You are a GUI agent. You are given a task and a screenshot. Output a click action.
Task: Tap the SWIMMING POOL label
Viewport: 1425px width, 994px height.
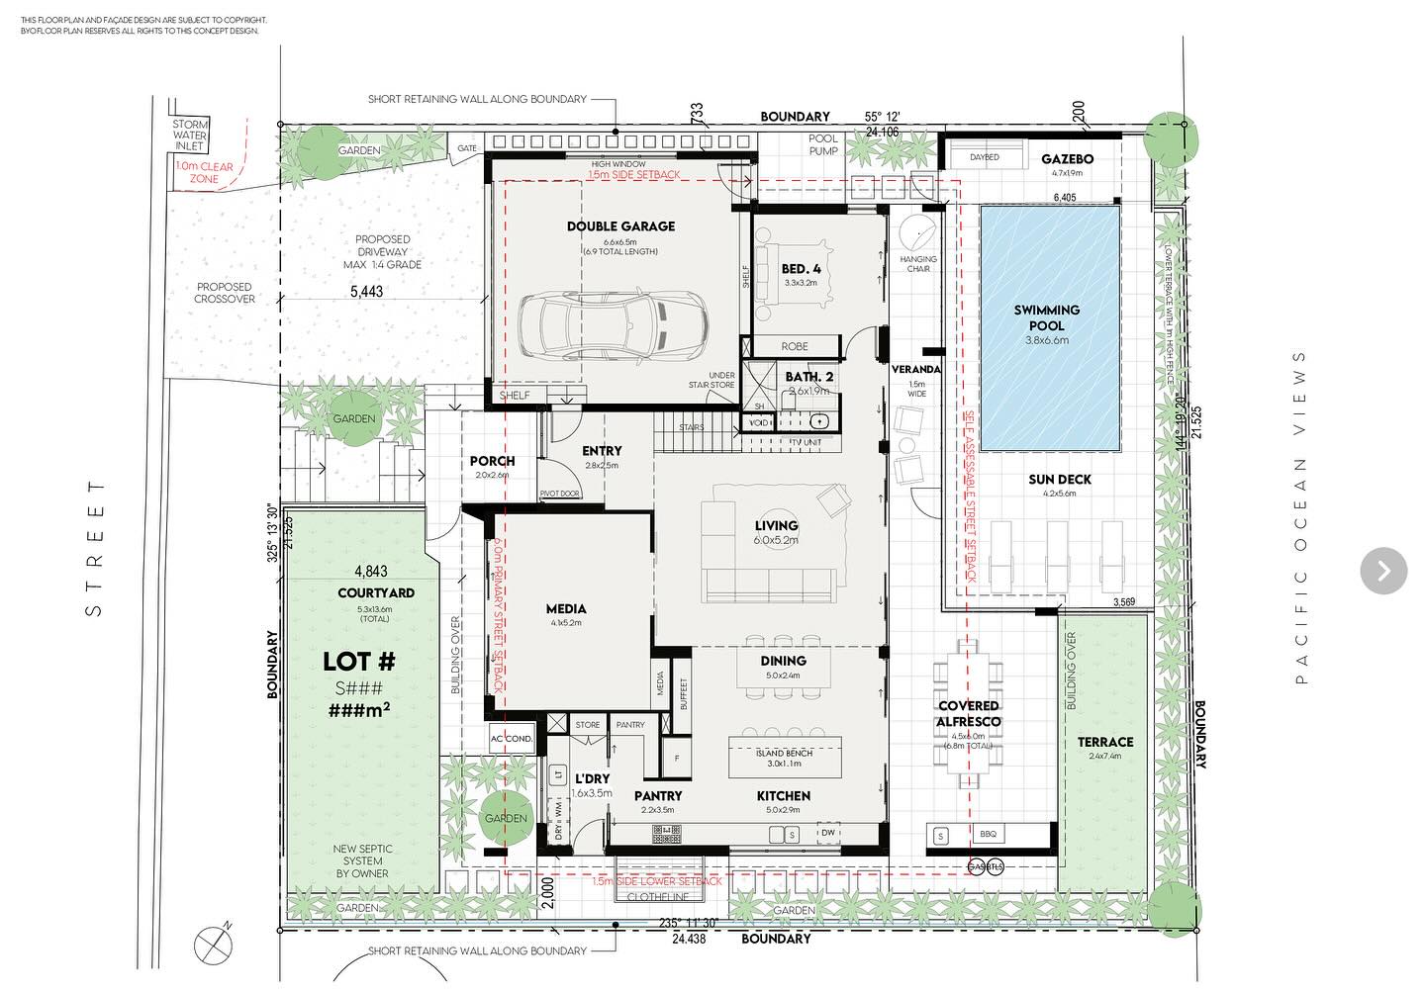(1046, 317)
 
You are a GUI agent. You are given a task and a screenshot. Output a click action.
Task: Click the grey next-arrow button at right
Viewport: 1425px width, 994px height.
(1383, 571)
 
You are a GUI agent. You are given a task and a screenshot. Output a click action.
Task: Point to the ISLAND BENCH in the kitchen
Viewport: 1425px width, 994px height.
(785, 758)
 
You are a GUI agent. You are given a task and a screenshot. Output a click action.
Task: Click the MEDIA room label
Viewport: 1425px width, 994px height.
(566, 609)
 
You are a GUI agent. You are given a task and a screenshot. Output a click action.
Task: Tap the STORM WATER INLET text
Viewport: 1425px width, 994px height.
(190, 136)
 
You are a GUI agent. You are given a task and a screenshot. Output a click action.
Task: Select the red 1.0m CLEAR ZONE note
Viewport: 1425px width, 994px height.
(205, 172)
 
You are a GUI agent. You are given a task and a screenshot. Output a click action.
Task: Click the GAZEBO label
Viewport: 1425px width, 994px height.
(1067, 159)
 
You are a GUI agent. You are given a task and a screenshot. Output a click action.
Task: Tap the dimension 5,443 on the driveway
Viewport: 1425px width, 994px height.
(366, 292)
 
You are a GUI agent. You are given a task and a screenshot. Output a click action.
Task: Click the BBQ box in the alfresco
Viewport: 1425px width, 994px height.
(988, 835)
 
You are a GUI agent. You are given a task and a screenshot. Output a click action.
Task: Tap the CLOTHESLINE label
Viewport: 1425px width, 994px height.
(658, 897)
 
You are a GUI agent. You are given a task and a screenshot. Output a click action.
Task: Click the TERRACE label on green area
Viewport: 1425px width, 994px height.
(1105, 742)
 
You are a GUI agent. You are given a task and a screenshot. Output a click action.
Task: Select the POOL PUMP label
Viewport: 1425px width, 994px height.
(823, 144)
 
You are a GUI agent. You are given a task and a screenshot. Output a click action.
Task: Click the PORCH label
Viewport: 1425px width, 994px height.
(492, 461)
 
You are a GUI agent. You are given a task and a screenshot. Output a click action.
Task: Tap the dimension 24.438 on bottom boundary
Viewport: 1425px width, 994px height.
(689, 939)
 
